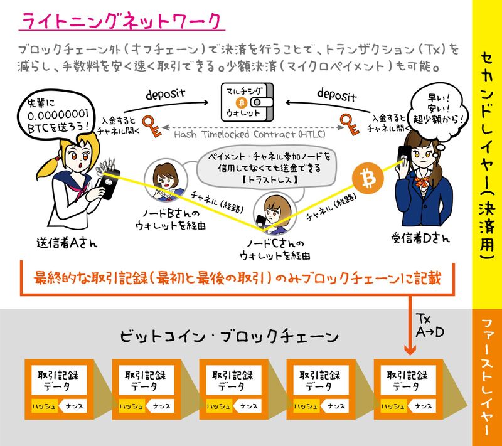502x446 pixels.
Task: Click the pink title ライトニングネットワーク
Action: pyautogui.click(x=120, y=21)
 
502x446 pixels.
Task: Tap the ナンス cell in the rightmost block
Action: pyautogui.click(x=423, y=406)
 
